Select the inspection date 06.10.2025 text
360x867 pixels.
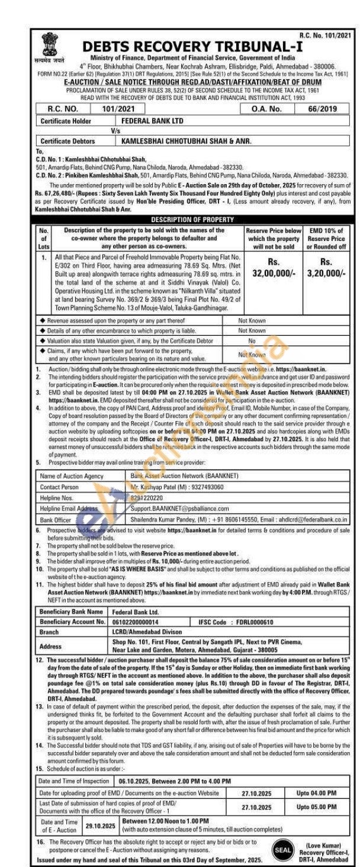(136, 782)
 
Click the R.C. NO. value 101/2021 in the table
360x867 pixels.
(118, 110)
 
